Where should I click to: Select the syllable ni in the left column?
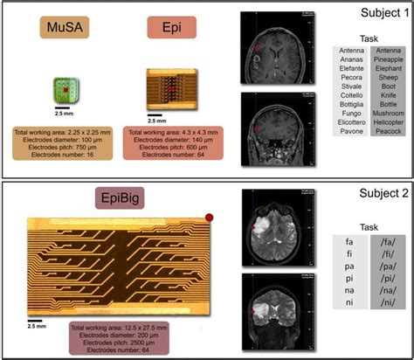point(351,303)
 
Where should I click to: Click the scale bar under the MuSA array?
point(62,109)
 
